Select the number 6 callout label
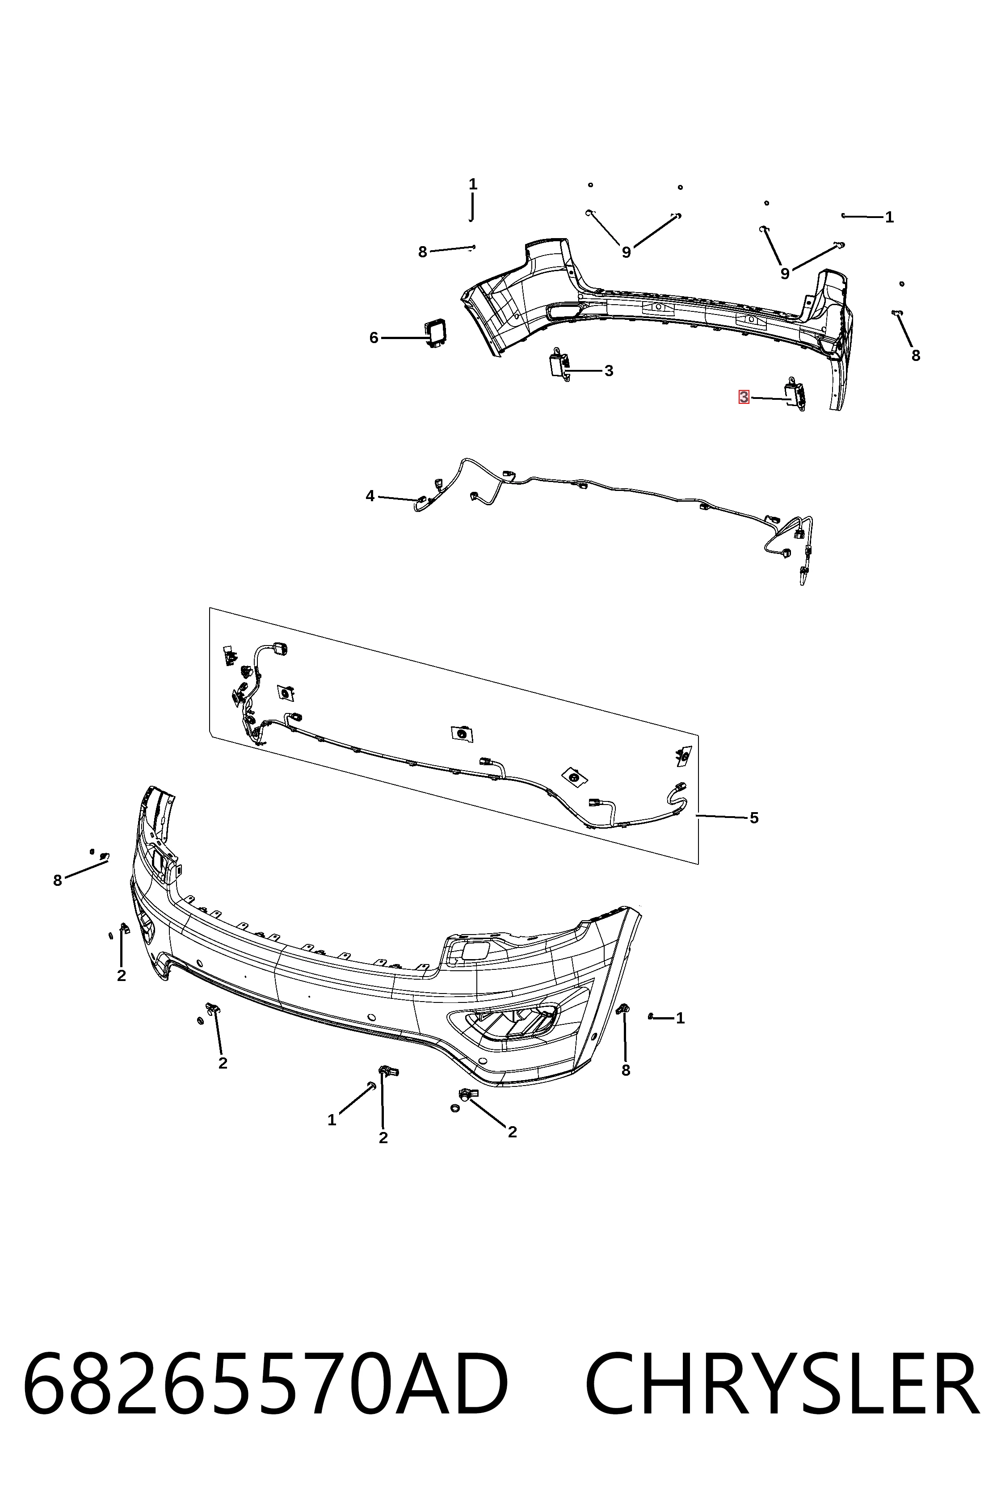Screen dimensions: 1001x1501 (374, 338)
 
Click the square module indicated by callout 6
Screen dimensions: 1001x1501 (437, 333)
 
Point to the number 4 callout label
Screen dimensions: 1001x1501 (370, 496)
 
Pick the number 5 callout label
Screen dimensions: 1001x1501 (754, 818)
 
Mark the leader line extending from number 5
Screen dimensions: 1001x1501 (721, 816)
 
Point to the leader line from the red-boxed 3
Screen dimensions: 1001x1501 (771, 399)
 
